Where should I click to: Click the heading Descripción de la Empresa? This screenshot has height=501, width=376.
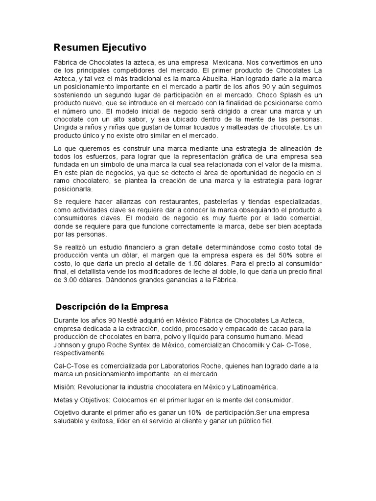point(112,307)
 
